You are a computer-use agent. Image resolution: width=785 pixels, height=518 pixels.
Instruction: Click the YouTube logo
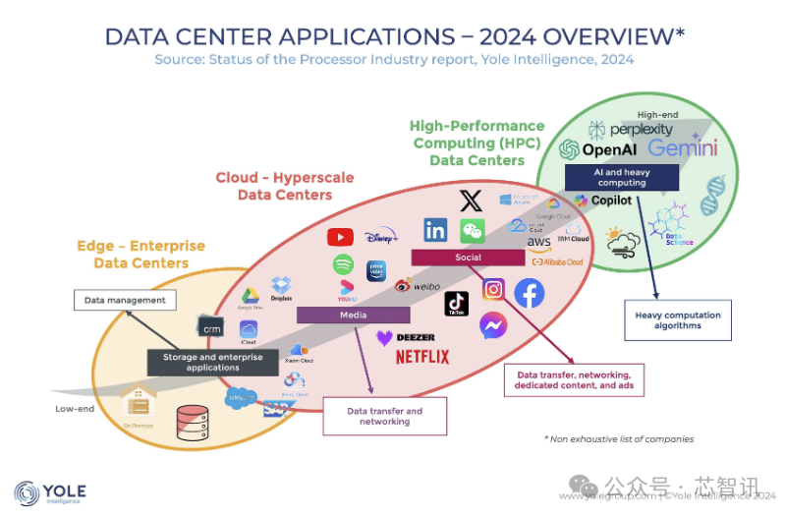pyautogui.click(x=340, y=237)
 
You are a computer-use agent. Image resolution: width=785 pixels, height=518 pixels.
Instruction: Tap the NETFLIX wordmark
pyautogui.click(x=422, y=356)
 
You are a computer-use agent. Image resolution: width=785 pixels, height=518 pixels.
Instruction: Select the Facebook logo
pyautogui.click(x=530, y=293)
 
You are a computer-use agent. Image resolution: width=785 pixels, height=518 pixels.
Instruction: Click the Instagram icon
pyautogui.click(x=493, y=289)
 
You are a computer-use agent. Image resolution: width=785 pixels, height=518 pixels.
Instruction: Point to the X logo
pyautogui.click(x=472, y=201)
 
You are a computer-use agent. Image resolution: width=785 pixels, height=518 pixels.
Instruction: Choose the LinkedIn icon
pyautogui.click(x=435, y=231)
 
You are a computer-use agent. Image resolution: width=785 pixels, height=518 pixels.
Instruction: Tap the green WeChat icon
pyautogui.click(x=473, y=231)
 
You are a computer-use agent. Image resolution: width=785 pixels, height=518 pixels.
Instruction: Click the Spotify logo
pyautogui.click(x=343, y=264)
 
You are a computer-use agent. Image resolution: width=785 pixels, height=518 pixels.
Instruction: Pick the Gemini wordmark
pyautogui.click(x=682, y=148)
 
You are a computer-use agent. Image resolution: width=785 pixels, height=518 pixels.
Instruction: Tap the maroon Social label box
pyautogui.click(x=468, y=258)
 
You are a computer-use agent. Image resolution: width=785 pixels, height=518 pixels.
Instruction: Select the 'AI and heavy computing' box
pyautogui.click(x=622, y=177)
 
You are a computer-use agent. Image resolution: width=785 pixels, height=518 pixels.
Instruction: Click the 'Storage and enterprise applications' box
pyautogui.click(x=213, y=362)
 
